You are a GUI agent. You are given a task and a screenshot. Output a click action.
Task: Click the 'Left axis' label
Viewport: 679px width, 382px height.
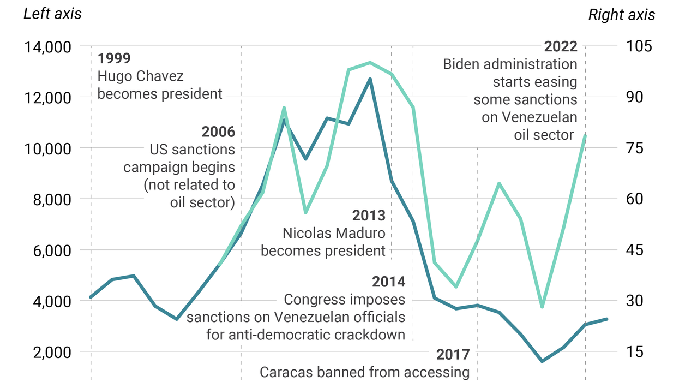coord(52,13)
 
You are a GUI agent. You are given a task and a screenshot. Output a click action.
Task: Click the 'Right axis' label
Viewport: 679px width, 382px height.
coord(621,15)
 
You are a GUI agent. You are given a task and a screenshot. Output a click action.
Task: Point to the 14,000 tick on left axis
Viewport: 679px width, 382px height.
coord(47,47)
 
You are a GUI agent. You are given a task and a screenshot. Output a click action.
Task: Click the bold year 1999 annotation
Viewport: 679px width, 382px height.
coord(114,58)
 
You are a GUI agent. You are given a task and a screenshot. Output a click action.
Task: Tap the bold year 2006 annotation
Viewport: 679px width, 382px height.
coord(218,132)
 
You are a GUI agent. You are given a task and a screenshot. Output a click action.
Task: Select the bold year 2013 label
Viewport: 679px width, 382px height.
coord(368,216)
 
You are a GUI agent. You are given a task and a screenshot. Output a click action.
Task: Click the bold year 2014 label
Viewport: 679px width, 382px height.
coord(388,282)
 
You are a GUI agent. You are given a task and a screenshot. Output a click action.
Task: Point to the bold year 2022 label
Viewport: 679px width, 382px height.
coord(560,47)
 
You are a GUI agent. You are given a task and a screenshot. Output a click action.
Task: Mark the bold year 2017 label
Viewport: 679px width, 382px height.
coord(453,355)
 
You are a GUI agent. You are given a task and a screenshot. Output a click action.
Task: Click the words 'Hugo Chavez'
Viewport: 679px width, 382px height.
coord(140,76)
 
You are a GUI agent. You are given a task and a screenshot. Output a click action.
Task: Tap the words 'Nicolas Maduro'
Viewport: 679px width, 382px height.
coord(334,234)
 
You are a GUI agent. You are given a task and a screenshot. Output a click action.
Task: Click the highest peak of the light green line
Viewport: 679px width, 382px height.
coord(370,63)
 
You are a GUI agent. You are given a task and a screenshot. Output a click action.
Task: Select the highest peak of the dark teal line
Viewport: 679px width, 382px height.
coord(370,79)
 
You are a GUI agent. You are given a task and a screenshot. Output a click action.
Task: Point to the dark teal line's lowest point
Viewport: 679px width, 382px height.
coord(542,361)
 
